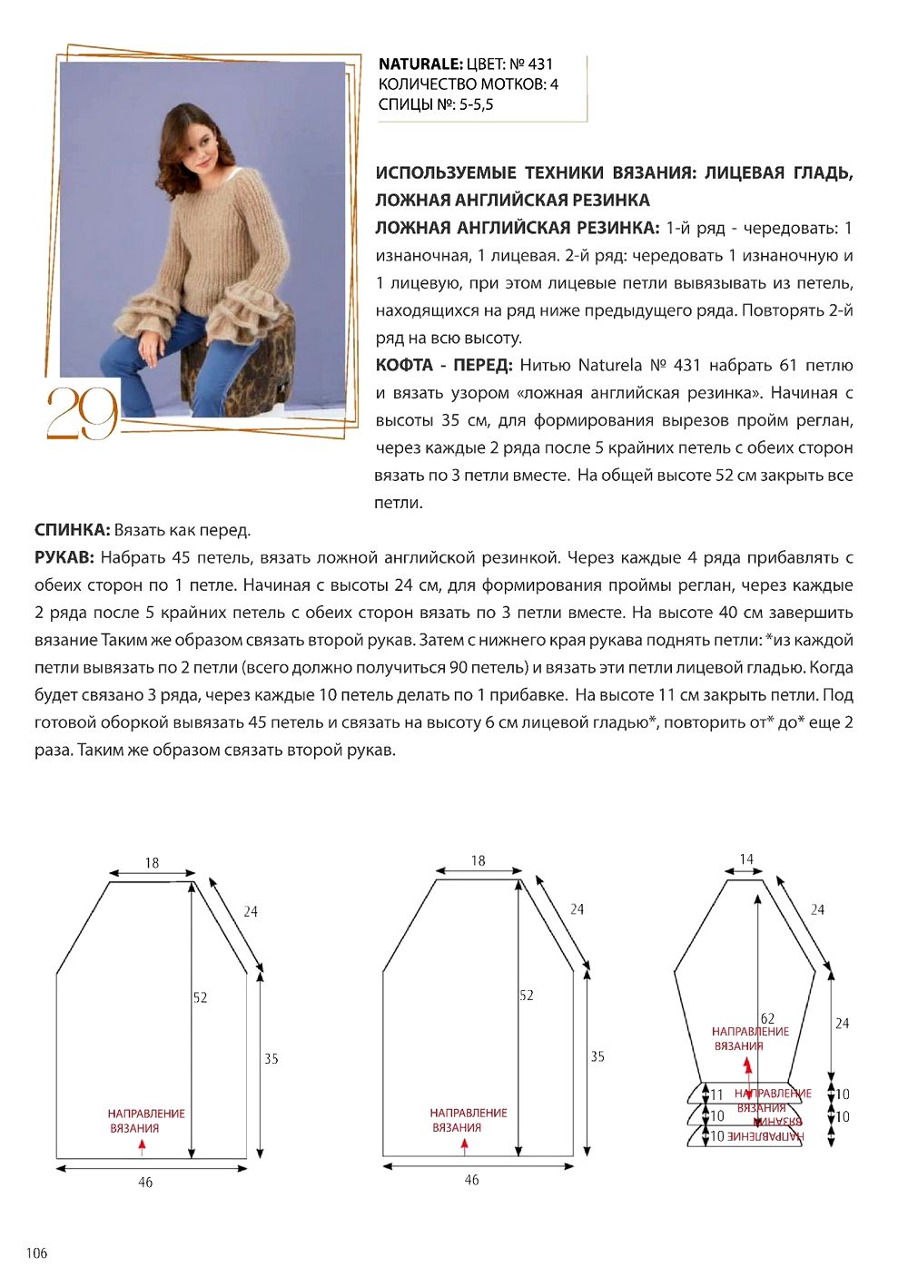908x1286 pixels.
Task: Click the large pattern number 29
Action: coord(82,413)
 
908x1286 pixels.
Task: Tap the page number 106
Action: coord(36,1253)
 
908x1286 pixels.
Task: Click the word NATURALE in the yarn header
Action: coord(420,64)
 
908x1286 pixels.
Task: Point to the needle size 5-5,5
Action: coord(476,104)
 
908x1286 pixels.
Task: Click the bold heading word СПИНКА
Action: coord(72,530)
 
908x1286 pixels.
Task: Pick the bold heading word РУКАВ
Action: coord(64,557)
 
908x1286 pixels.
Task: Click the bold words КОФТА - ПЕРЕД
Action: coord(444,365)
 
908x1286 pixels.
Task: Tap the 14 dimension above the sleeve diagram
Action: coord(746,859)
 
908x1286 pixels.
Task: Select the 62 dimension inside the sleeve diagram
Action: coord(768,1018)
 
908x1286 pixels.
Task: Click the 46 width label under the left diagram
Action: coord(145,1183)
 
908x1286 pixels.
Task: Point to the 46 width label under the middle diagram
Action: coord(471,1180)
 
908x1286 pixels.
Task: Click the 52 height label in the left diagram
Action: coord(201,997)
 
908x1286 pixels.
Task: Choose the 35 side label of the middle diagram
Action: coord(597,1056)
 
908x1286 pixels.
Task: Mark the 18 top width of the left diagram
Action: coord(152,863)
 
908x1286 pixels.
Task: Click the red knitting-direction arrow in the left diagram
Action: coord(142,1146)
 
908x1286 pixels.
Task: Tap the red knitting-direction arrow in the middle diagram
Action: coord(464,1145)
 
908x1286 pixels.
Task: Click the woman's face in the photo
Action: coord(199,143)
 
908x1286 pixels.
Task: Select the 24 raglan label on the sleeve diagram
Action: coord(817,909)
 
